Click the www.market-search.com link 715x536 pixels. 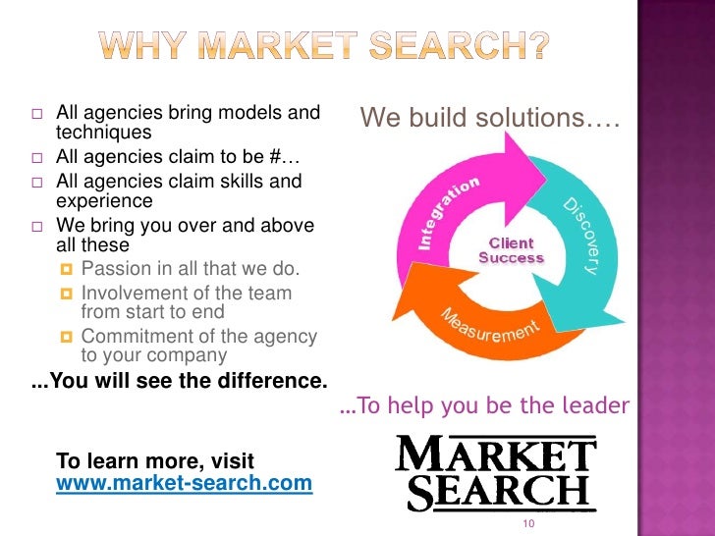tap(185, 483)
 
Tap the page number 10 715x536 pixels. tap(528, 524)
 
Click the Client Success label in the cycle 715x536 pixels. tap(511, 250)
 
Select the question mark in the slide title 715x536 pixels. tap(536, 45)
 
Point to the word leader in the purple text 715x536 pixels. tap(599, 405)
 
